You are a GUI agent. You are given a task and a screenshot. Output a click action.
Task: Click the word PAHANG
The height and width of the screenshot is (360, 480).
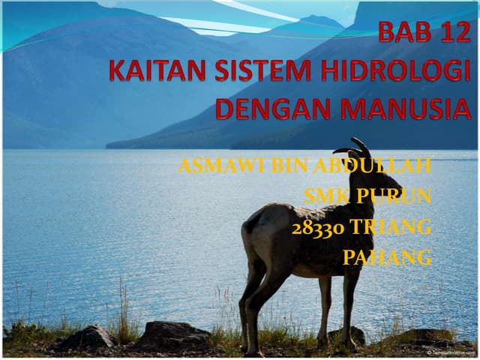click(x=387, y=258)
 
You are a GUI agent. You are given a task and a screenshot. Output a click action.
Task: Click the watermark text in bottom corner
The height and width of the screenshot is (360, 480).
click(x=450, y=352)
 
